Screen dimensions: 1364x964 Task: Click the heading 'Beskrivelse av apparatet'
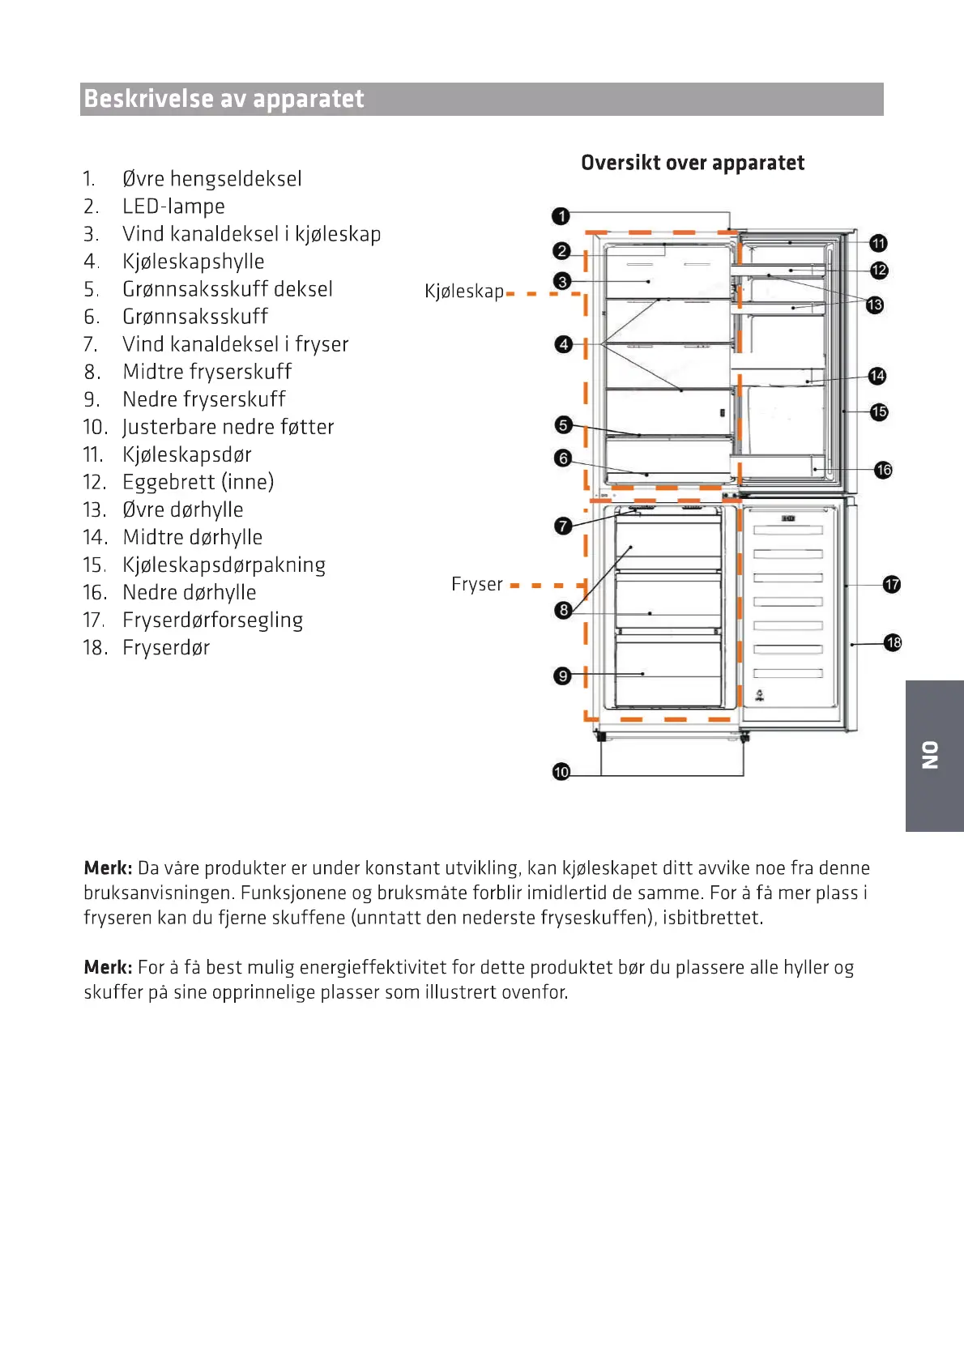(224, 99)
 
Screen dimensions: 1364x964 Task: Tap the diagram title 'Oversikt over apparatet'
(693, 163)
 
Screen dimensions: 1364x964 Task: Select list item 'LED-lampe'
(173, 207)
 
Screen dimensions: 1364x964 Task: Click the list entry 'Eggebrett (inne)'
(198, 482)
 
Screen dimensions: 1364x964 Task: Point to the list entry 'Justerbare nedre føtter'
(228, 427)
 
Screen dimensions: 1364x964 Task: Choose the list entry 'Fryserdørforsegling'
(212, 620)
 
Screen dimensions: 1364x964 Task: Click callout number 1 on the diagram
(561, 216)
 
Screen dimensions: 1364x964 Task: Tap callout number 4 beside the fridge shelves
(563, 344)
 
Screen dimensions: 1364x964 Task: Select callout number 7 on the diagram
(563, 526)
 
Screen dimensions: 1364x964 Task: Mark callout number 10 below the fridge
(561, 772)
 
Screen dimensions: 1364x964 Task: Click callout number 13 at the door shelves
(875, 305)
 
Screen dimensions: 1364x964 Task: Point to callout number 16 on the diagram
(883, 470)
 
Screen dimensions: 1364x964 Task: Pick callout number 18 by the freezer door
(893, 643)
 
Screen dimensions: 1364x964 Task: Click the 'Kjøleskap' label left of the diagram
(464, 292)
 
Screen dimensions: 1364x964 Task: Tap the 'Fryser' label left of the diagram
(476, 584)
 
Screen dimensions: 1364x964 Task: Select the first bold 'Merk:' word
(108, 868)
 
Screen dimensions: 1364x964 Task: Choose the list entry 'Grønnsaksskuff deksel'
(228, 289)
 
